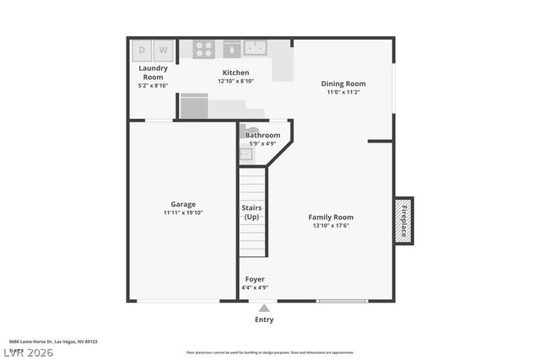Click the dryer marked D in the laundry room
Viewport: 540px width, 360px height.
(142, 51)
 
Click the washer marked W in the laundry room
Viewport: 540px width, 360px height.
(163, 51)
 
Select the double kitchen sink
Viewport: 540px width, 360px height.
(254, 48)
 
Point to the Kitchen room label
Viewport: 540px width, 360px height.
(235, 73)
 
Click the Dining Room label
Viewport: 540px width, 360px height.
(343, 83)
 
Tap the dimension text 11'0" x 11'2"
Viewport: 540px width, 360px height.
(343, 93)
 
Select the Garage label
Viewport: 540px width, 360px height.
(183, 204)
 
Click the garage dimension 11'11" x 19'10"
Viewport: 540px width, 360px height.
(183, 213)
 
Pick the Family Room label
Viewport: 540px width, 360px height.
(331, 217)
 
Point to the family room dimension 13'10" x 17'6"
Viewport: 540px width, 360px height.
(331, 226)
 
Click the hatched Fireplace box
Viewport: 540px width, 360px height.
(404, 220)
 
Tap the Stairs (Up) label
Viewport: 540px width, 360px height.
(251, 212)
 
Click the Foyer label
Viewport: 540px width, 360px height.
(255, 279)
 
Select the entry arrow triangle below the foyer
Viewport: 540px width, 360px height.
(264, 308)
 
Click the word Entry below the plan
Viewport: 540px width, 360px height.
(264, 320)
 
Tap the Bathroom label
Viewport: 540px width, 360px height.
(262, 135)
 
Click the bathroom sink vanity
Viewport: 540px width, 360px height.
(246, 154)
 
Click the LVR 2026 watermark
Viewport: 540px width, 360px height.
(28, 352)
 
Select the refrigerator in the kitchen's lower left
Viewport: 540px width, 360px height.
(194, 106)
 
